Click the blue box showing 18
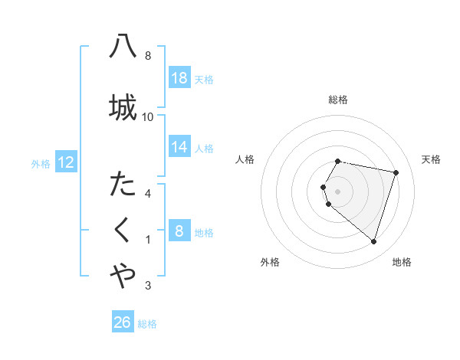pyautogui.click(x=179, y=79)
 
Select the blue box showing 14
pyautogui.click(x=179, y=147)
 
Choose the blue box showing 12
pyautogui.click(x=65, y=162)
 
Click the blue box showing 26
pyautogui.click(x=123, y=322)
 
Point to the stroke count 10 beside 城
pyautogui.click(x=148, y=116)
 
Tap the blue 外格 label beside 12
pyautogui.click(x=41, y=163)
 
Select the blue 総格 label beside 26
pyautogui.click(x=147, y=323)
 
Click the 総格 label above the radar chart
pyautogui.click(x=338, y=100)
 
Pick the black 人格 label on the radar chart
pyautogui.click(x=245, y=159)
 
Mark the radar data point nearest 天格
pyautogui.click(x=396, y=172)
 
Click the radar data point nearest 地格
pyautogui.click(x=373, y=242)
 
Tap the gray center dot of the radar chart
pyautogui.click(x=338, y=191)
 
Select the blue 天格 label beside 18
pyautogui.click(x=204, y=80)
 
